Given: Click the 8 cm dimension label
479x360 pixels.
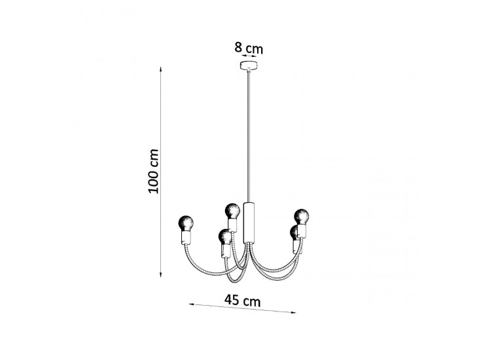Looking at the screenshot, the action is [x=249, y=48].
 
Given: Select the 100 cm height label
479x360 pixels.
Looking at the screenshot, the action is [x=153, y=171].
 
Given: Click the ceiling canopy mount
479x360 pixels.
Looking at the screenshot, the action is [x=249, y=65].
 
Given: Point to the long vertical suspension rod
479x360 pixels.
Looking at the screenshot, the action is [x=249, y=136].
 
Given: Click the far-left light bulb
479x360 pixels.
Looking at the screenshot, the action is [x=186, y=223].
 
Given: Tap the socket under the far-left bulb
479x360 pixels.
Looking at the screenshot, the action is [x=186, y=237].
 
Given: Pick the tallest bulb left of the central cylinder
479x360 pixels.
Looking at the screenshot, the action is [x=232, y=211].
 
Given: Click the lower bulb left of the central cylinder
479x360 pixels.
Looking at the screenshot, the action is [x=225, y=236].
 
